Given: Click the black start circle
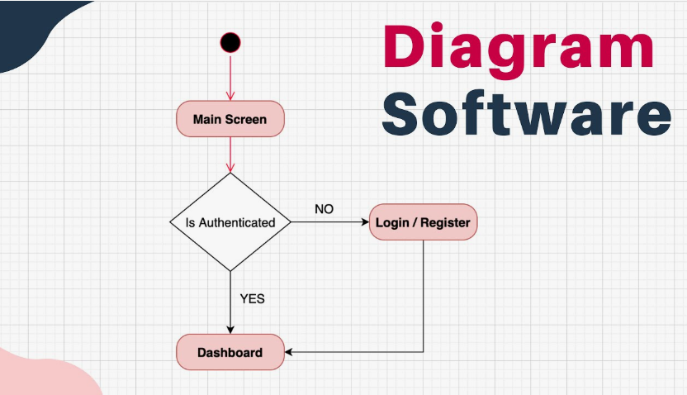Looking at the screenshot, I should pyautogui.click(x=230, y=43).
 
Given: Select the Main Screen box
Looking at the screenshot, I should pyautogui.click(x=230, y=119).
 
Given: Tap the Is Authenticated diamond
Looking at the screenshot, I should pyautogui.click(x=230, y=221).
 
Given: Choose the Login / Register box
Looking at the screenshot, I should pyautogui.click(x=423, y=222).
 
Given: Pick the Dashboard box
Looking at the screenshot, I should pyautogui.click(x=230, y=353).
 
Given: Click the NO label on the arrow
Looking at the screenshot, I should pyautogui.click(x=324, y=209).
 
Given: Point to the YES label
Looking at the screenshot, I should pyautogui.click(x=252, y=298).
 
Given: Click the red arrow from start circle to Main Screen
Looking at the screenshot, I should pyautogui.click(x=230, y=79).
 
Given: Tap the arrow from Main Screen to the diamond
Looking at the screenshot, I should pyautogui.click(x=230, y=155).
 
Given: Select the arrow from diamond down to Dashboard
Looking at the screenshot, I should pyautogui.click(x=230, y=302).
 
